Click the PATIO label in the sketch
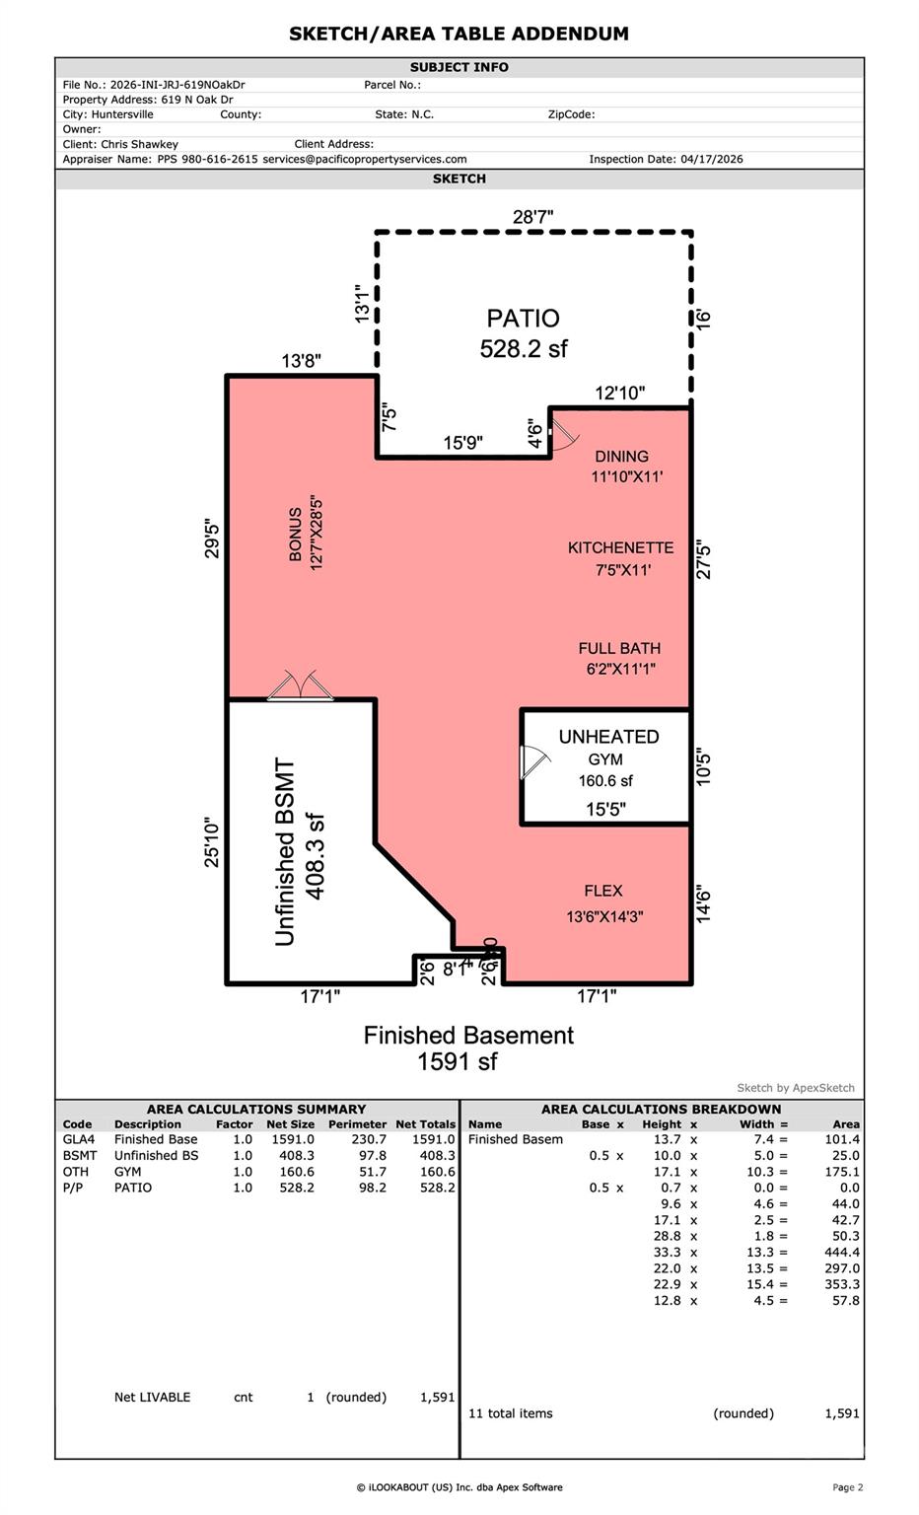pyautogui.click(x=523, y=318)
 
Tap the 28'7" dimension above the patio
pyautogui.click(x=532, y=217)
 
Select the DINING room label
pyautogui.click(x=621, y=457)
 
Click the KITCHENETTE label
pyautogui.click(x=621, y=547)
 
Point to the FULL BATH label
pyautogui.click(x=619, y=649)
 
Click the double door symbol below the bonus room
pyautogui.click(x=300, y=685)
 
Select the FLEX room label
pyautogui.click(x=603, y=891)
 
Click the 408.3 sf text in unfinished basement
pyautogui.click(x=316, y=856)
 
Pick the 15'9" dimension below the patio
pyautogui.click(x=463, y=443)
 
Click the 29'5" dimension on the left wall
pyautogui.click(x=212, y=539)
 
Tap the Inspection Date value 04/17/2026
pyautogui.click(x=711, y=160)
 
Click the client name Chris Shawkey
pyautogui.click(x=139, y=145)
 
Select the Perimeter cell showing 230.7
pyautogui.click(x=369, y=1139)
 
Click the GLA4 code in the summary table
pyautogui.click(x=79, y=1139)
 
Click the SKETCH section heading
pyautogui.click(x=459, y=179)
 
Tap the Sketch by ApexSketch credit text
pyautogui.click(x=795, y=1088)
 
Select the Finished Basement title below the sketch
pyautogui.click(x=468, y=1036)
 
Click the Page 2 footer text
pyautogui.click(x=847, y=1487)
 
